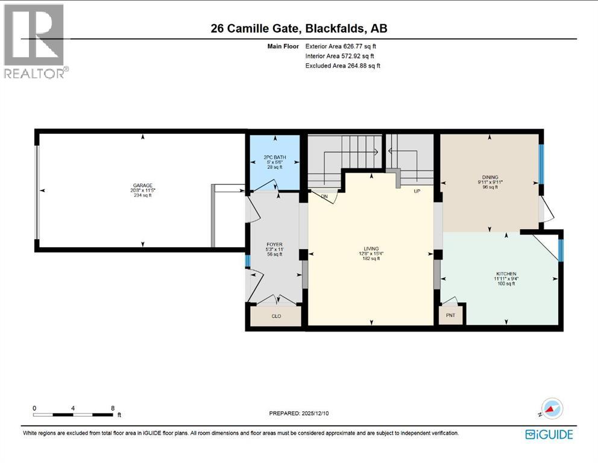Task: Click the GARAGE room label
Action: pos(142,186)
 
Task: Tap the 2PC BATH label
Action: pos(274,158)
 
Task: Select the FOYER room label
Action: pos(274,245)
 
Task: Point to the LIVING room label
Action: pos(371,248)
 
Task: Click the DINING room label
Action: pos(489,177)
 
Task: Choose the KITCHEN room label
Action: pos(506,274)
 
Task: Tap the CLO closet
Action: pos(276,316)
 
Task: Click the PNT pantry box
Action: pos(450,315)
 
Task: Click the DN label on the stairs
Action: pos(324,196)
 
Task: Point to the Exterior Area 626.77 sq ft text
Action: pos(341,46)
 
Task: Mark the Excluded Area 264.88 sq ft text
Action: pos(342,66)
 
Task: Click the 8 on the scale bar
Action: pos(113,408)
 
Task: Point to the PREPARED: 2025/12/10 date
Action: pos(300,413)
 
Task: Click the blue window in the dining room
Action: pos(541,164)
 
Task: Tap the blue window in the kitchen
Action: pos(560,250)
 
